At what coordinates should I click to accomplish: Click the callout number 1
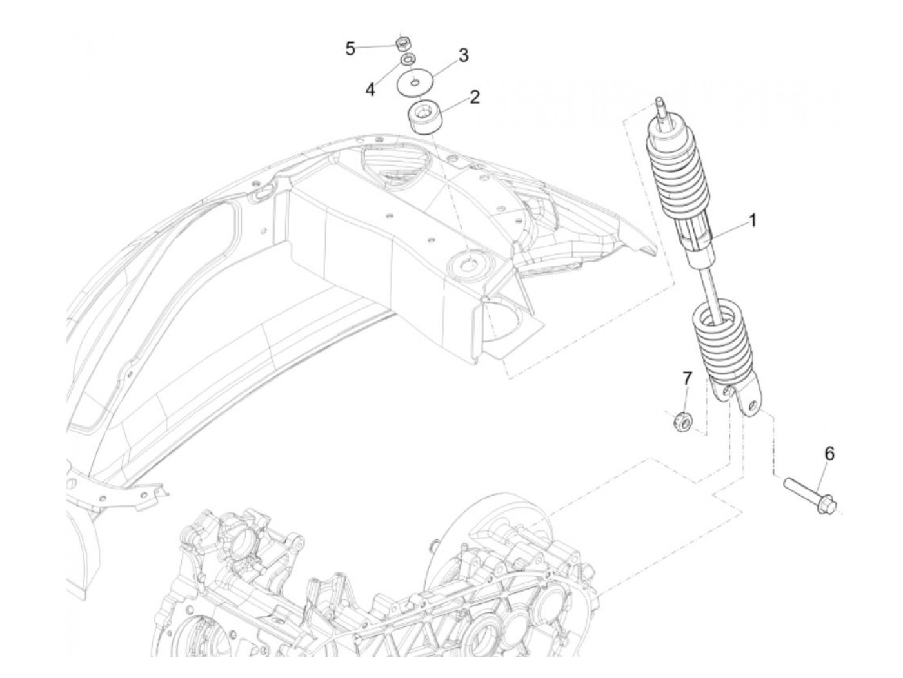click(752, 221)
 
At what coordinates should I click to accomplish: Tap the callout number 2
click(475, 97)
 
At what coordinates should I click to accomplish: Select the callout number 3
click(463, 55)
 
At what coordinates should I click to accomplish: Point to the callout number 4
click(370, 90)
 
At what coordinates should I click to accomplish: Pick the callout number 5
click(350, 48)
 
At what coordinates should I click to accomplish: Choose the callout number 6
click(829, 454)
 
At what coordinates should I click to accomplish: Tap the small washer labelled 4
click(408, 60)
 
